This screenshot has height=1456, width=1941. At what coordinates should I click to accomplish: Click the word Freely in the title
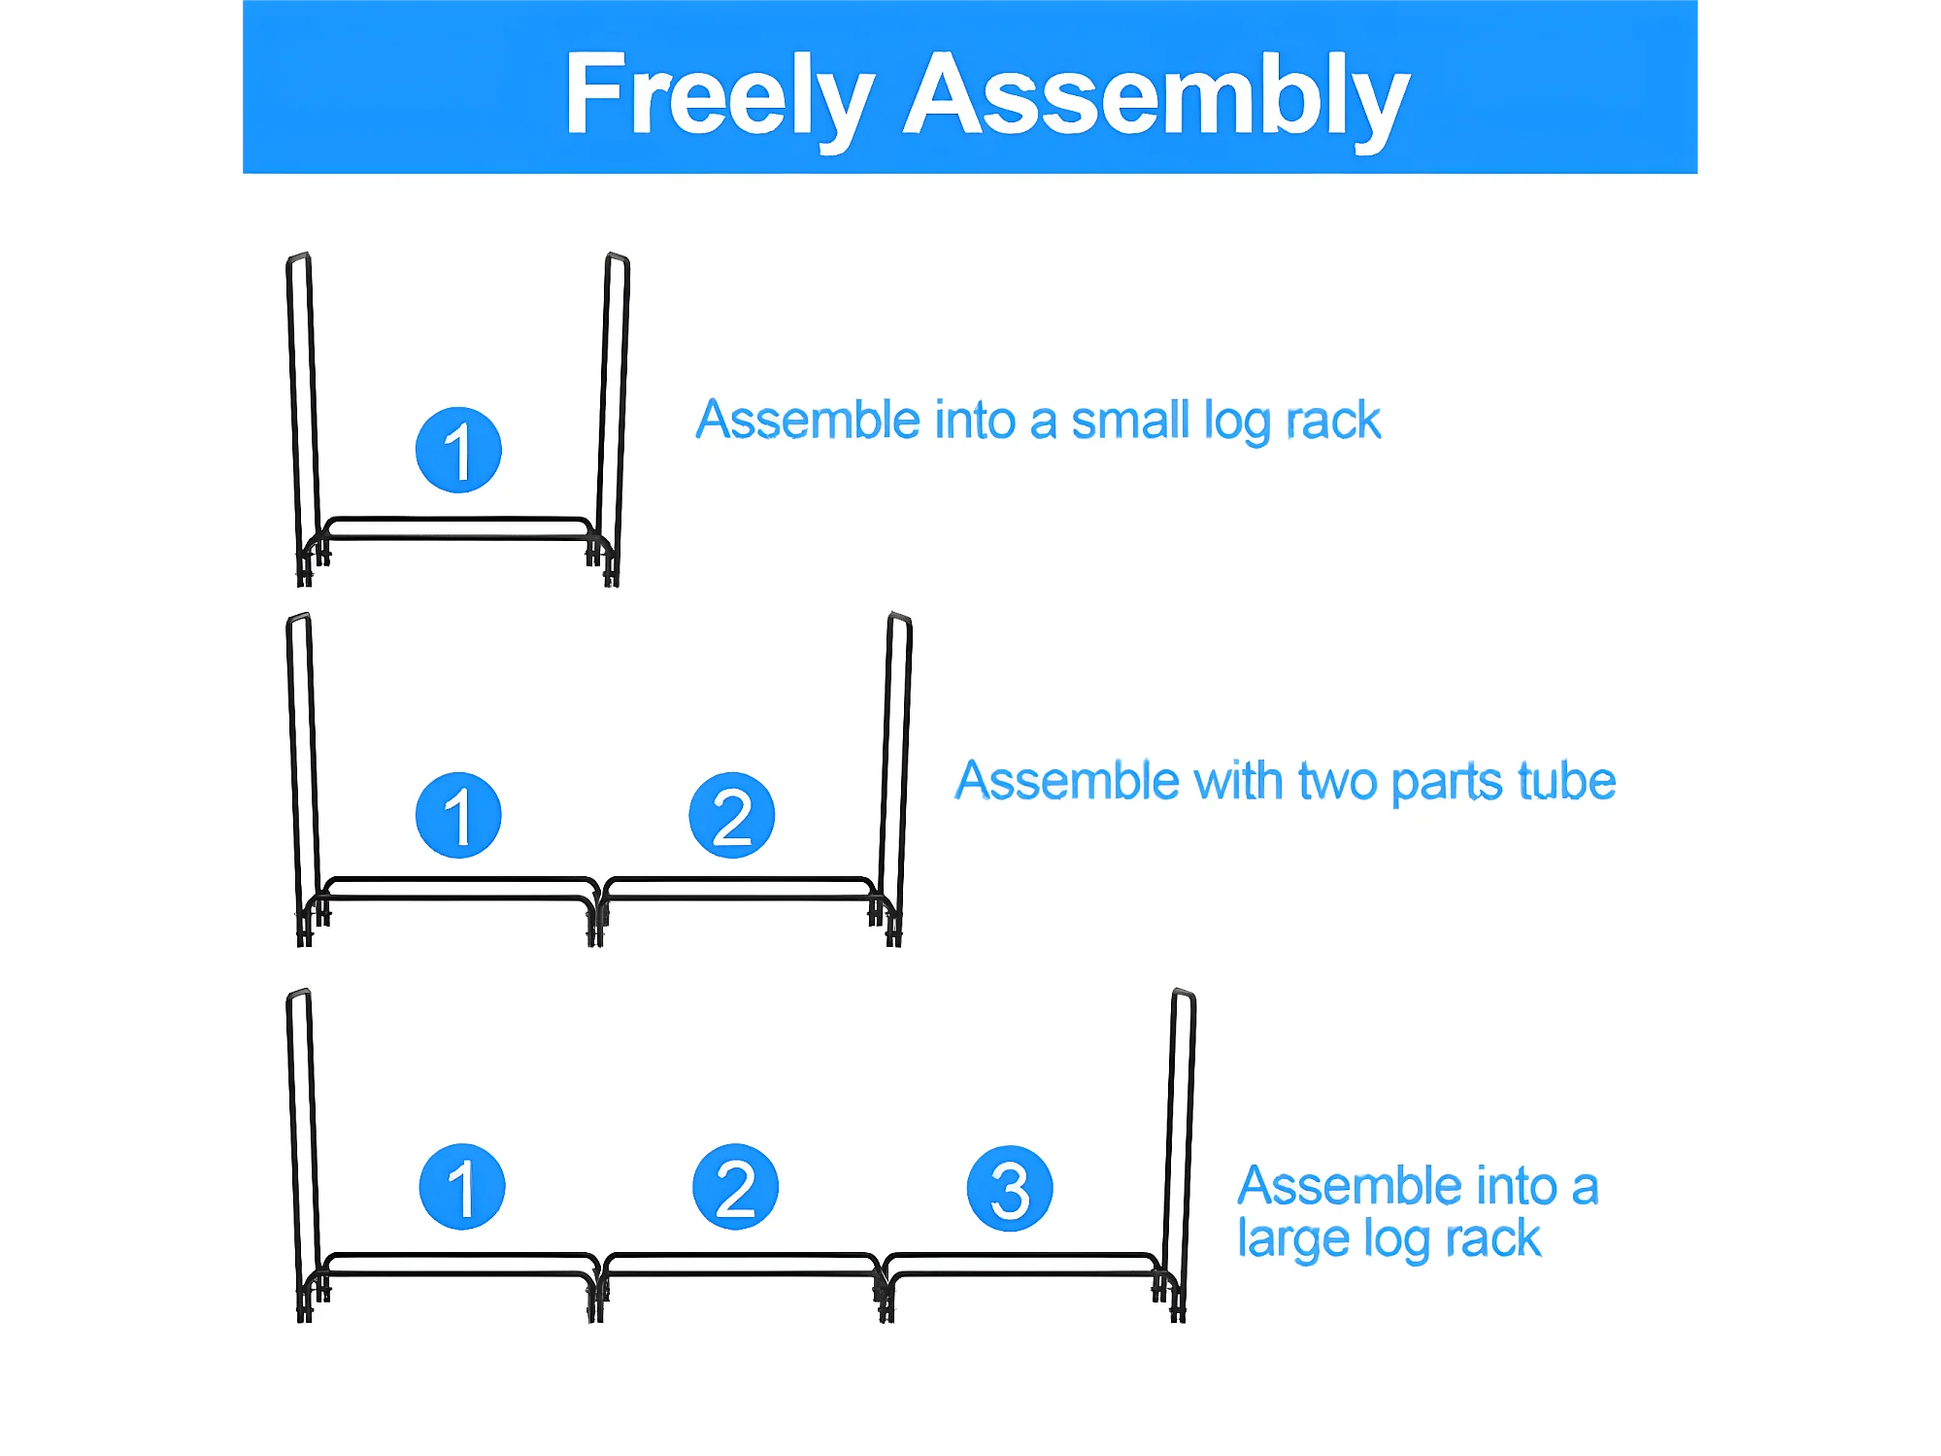coord(719,95)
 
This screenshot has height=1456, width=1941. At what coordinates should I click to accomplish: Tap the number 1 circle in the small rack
coord(458,450)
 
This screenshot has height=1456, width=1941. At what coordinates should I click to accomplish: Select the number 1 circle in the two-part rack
coord(458,815)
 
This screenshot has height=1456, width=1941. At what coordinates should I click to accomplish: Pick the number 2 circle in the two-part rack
coord(732,815)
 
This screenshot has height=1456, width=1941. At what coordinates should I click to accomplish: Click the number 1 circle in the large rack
coord(462,1186)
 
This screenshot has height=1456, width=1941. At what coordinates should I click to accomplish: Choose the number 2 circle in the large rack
coord(736,1186)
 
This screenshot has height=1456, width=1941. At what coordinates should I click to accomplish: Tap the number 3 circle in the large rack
coord(1010,1188)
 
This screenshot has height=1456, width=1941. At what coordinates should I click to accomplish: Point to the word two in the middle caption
coord(1337,781)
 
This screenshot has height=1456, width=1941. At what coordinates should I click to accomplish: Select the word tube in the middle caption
coord(1566,781)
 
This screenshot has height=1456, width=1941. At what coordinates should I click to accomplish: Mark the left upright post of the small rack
coord(301,408)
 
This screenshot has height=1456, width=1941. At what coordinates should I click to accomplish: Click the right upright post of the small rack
coord(614,408)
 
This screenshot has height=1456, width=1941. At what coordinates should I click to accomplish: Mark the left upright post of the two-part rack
coord(301,767)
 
